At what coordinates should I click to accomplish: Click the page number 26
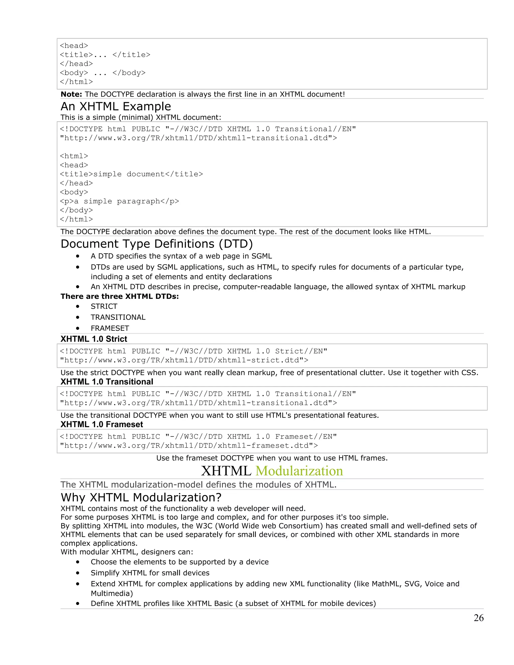478,618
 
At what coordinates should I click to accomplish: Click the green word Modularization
299,471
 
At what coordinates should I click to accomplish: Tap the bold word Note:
71,94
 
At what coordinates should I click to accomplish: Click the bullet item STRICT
104,306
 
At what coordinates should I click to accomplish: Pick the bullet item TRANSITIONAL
118,317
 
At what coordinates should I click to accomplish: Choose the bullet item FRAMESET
110,328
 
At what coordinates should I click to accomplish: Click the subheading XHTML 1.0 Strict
94,339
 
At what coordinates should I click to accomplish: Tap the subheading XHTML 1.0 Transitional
107,382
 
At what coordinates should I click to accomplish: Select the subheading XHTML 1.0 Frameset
102,424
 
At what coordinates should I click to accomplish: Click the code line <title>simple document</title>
131,174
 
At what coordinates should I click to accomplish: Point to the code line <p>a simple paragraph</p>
119,201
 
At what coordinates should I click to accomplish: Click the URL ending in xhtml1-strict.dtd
184,360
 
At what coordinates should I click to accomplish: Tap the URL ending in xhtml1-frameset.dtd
189,446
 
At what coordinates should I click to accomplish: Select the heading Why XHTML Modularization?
141,498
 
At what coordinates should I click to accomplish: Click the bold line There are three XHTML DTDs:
120,296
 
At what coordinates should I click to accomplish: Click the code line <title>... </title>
105,55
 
